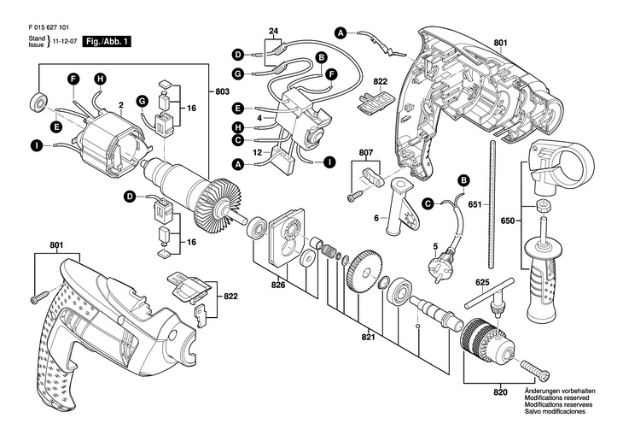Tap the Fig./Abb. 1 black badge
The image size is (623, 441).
click(x=107, y=40)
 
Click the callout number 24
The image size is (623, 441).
click(x=273, y=33)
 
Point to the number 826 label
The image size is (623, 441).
click(x=280, y=285)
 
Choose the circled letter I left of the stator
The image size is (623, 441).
click(x=36, y=146)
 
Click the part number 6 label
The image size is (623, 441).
click(x=375, y=220)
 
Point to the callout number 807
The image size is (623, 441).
click(x=366, y=155)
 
